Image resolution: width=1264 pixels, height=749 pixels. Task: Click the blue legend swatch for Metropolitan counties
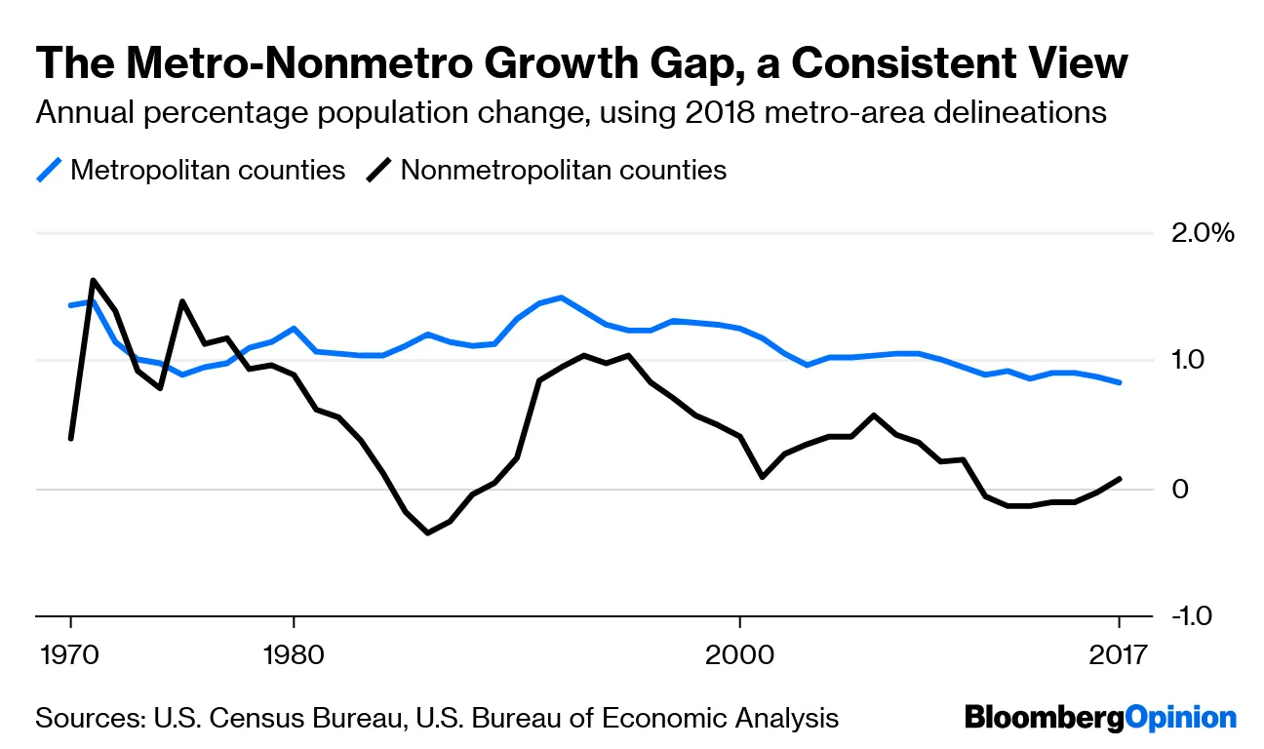50,171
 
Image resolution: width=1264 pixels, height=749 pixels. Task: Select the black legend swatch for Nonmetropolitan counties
380,171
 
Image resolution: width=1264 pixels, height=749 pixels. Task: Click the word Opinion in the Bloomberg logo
1180,719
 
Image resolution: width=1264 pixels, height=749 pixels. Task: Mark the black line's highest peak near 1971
93,281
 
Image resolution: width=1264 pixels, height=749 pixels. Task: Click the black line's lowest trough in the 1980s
427,532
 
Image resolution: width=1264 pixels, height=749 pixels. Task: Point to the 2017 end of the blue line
1120,382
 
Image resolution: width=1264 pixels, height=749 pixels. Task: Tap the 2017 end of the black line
1120,478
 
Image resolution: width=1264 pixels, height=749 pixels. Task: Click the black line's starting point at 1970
71,438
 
